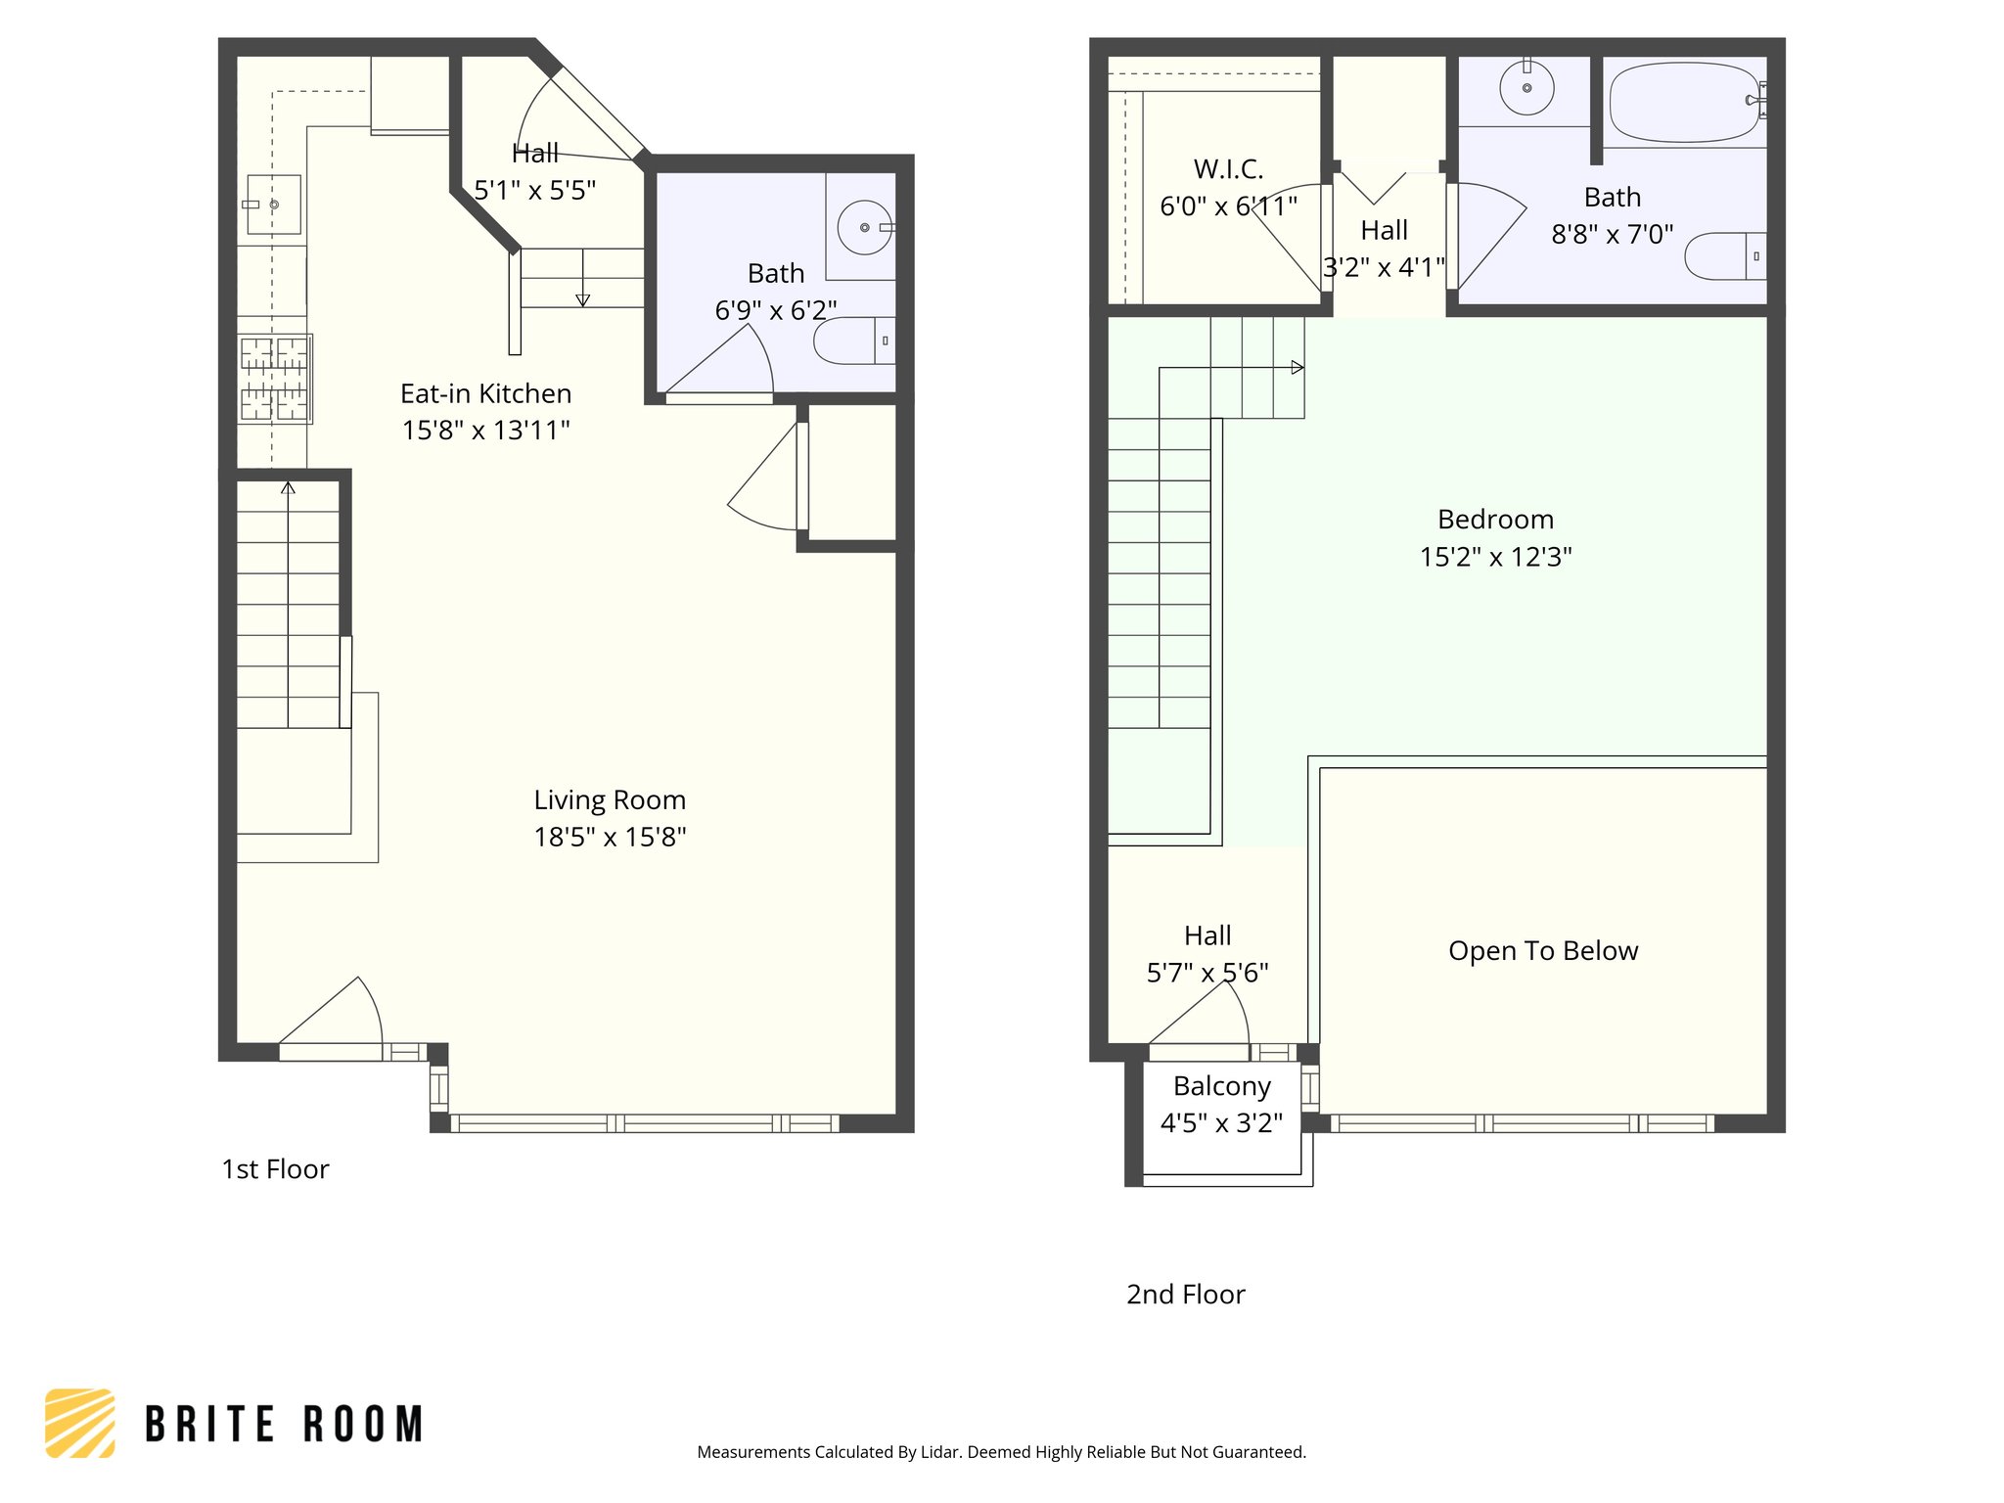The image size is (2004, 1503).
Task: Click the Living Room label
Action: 610,800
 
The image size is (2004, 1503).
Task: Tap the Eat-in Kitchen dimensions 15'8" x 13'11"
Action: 485,431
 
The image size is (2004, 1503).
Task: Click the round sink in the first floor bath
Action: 864,227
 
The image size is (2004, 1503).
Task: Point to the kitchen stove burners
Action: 274,379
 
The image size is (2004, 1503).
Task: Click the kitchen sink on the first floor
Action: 273,205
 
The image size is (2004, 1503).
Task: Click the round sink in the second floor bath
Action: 1526,87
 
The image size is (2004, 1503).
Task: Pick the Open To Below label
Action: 1543,951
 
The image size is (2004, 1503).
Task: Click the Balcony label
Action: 1221,1086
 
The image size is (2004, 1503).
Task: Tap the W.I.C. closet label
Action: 1228,169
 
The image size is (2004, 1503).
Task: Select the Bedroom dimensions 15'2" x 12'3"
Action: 1495,557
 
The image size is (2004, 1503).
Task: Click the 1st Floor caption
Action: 275,1169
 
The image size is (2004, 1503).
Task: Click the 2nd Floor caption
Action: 1185,1295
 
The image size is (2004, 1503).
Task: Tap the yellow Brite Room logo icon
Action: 80,1423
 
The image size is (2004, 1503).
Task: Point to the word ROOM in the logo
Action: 363,1425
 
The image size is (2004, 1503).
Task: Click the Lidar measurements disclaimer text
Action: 1001,1452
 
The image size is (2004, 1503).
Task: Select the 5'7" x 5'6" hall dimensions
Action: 1207,973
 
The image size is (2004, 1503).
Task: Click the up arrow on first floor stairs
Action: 288,487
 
